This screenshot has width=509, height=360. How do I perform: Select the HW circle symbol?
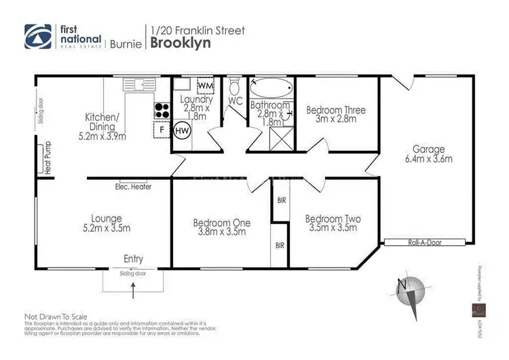tap(182, 130)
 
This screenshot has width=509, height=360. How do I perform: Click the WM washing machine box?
tap(206, 87)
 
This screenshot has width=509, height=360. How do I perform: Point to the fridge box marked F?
tap(162, 129)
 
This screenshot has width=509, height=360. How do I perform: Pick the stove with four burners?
tap(162, 109)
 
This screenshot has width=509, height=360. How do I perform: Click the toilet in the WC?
tap(235, 86)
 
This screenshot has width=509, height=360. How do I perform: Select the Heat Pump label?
tap(48, 158)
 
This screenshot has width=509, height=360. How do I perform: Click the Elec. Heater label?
tap(133, 187)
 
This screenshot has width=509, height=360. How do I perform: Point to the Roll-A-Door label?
tap(421, 242)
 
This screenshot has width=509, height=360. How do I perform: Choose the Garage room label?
tap(428, 154)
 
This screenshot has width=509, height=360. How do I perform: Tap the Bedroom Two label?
tap(333, 223)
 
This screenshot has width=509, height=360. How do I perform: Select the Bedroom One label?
tap(222, 227)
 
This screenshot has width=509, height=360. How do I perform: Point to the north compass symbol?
tap(410, 290)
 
